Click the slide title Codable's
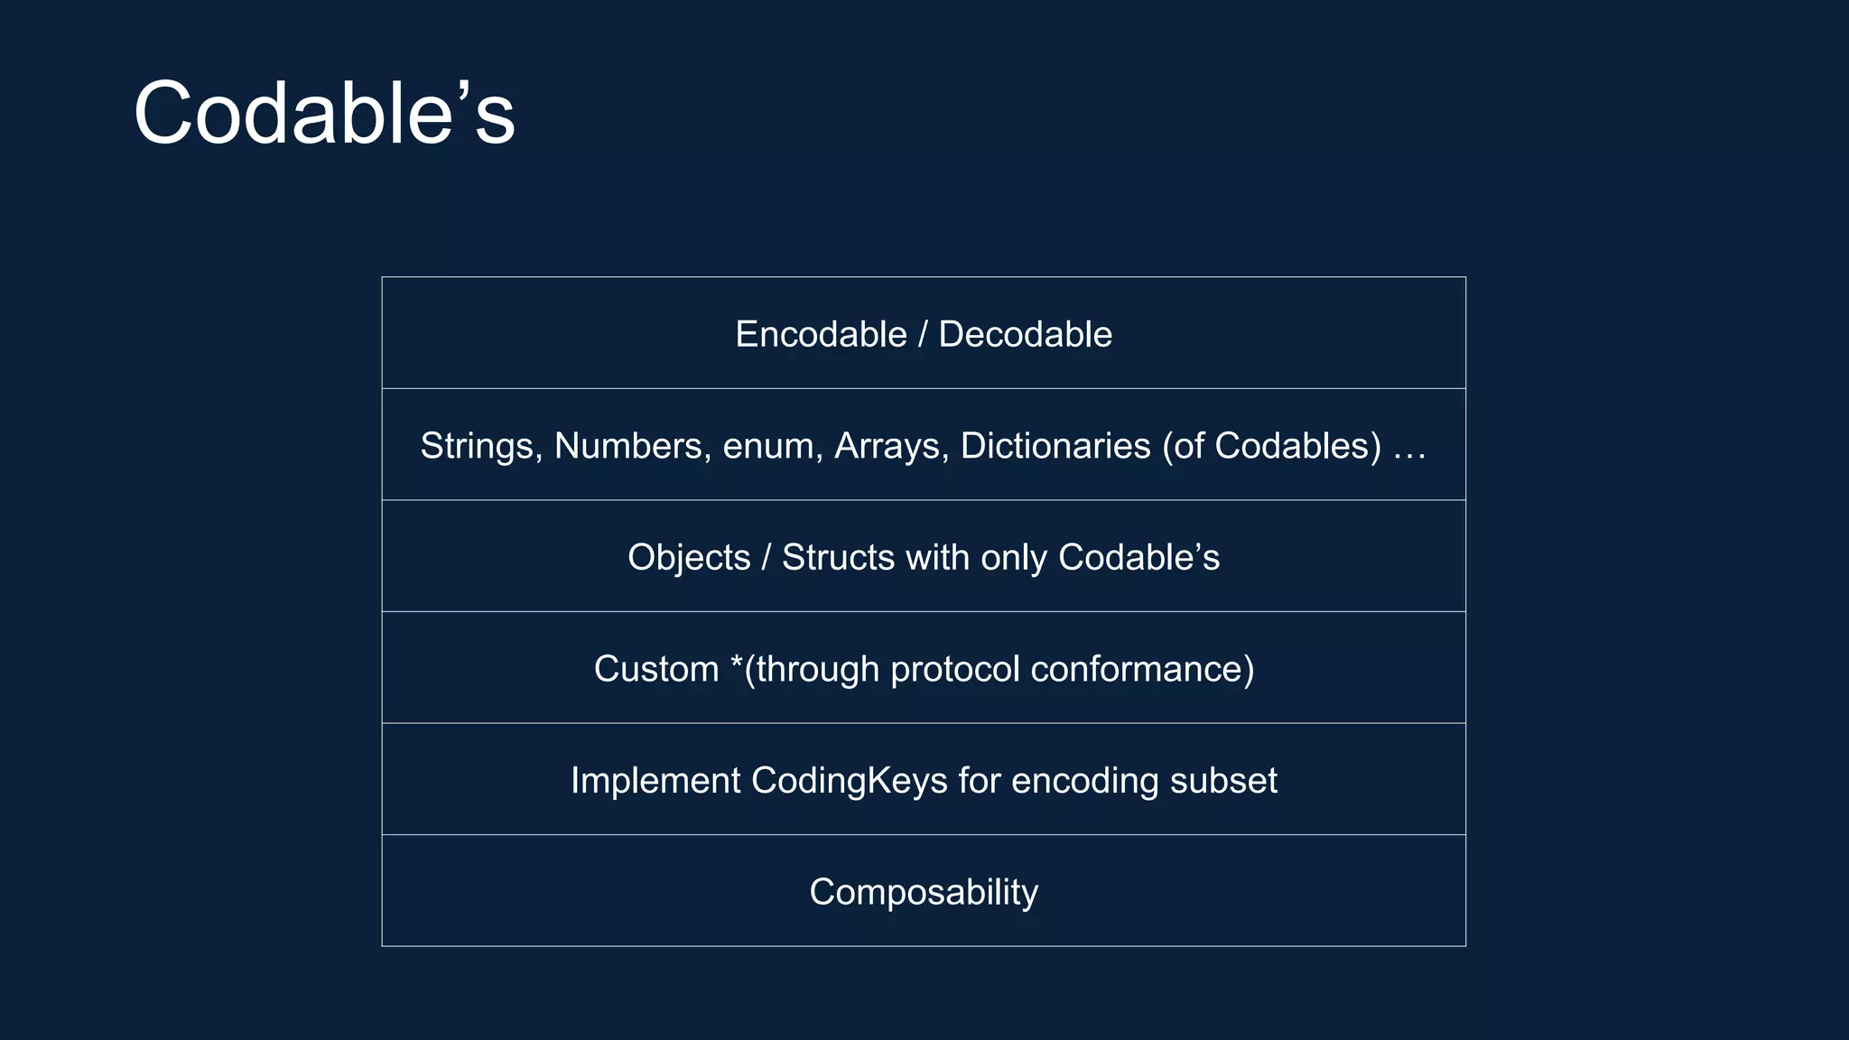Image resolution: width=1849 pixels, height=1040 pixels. coord(324,114)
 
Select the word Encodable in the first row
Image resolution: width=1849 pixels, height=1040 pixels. coord(821,335)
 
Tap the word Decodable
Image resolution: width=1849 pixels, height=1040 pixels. coord(1025,335)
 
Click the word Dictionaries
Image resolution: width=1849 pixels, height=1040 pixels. coord(1055,446)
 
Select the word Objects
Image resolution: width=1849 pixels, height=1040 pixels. coord(689,558)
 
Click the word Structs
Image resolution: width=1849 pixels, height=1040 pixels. coord(839,558)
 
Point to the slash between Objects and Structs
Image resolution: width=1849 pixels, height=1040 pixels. coord(766,558)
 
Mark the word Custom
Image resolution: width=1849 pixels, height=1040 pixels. coord(656,669)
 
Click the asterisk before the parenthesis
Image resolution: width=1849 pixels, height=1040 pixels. coord(737,664)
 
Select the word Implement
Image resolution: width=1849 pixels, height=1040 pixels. coord(655,781)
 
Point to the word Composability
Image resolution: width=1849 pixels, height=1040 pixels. coord(924,893)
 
